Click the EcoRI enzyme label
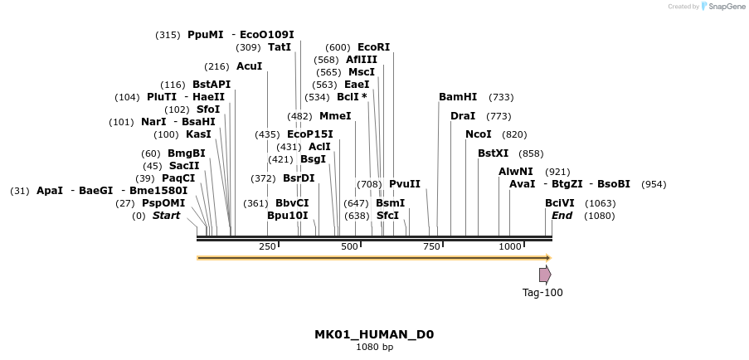click(373, 47)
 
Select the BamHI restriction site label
click(458, 97)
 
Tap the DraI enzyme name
click(463, 116)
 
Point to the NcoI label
click(479, 134)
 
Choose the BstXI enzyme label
click(494, 153)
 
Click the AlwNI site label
click(516, 172)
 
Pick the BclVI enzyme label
click(559, 203)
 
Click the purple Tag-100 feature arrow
click(545, 275)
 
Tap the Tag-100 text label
click(542, 292)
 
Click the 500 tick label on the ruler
click(349, 246)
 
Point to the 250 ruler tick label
click(267, 246)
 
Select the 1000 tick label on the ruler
click(510, 246)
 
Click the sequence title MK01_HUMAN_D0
click(374, 335)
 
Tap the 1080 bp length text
click(374, 348)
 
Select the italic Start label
click(166, 216)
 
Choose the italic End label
click(562, 216)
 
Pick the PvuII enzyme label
click(405, 184)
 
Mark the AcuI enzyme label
click(249, 66)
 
